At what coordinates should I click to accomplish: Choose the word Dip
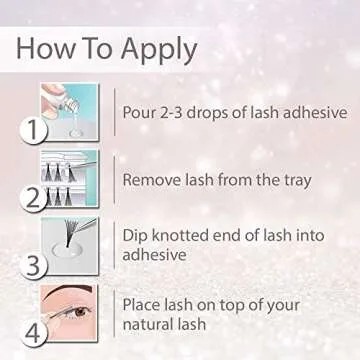point(135,234)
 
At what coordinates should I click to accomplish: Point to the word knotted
point(182,234)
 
